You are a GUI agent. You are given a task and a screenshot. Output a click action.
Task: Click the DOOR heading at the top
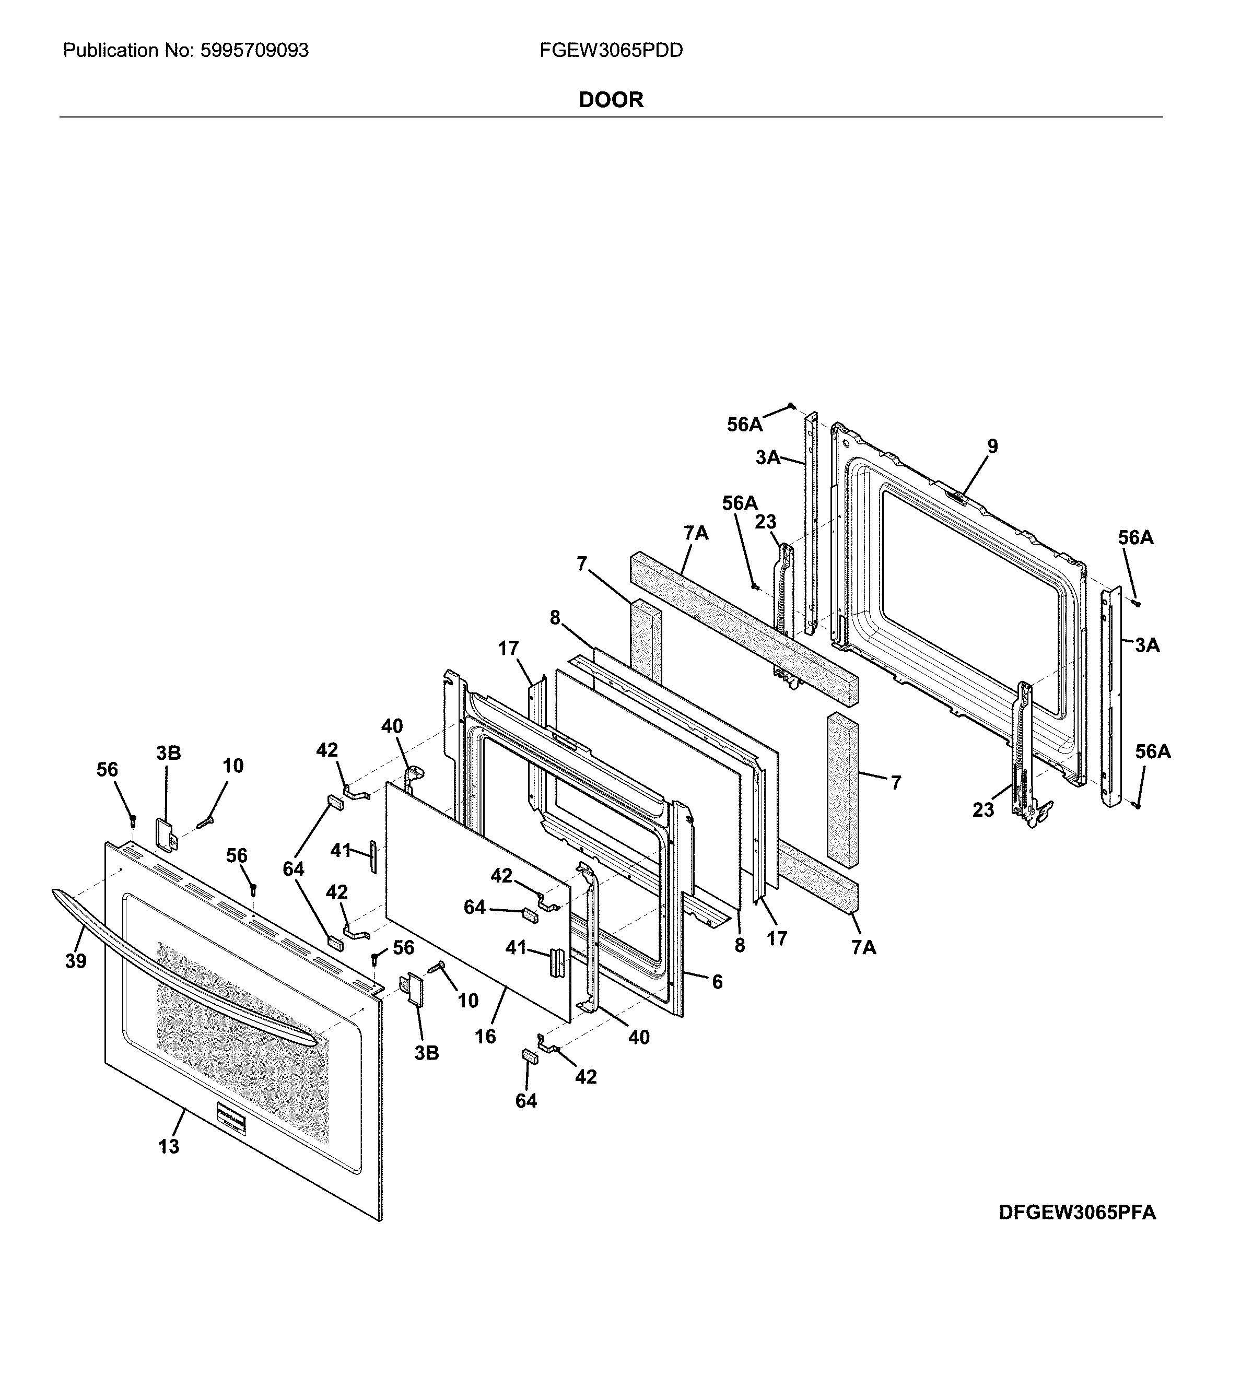(611, 100)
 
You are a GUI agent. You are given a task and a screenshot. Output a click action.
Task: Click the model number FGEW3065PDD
(611, 51)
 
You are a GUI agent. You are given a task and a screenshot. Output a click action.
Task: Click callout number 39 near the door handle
(76, 961)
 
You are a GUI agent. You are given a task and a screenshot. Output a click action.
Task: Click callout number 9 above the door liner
(992, 446)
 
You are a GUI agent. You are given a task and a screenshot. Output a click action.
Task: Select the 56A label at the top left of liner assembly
(744, 425)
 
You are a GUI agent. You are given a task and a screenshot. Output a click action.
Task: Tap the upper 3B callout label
(168, 753)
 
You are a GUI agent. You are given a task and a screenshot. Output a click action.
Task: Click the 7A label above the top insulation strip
(696, 533)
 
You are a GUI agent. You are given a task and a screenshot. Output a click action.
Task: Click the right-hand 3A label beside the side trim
(1147, 645)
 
